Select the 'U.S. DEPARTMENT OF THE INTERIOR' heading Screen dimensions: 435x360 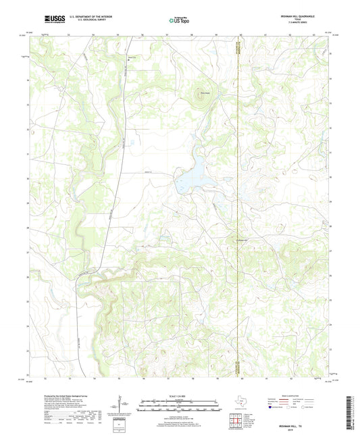(x=86, y=15)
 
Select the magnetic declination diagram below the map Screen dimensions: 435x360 (x=119, y=408)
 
